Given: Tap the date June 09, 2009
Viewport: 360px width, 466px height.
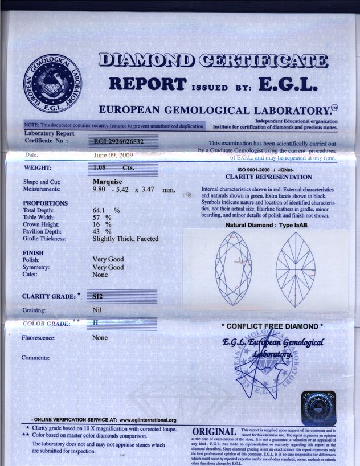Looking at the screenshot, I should pos(114,154).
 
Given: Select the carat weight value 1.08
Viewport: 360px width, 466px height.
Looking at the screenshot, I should pos(100,169).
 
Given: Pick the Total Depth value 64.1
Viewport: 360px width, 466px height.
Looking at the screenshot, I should pos(101,210).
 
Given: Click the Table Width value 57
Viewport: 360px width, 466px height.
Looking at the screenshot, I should pos(97,218).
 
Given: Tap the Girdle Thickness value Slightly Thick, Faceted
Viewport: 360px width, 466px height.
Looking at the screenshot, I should pos(125,239).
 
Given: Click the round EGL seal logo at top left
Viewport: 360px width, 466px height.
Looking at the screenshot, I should pos(52,83).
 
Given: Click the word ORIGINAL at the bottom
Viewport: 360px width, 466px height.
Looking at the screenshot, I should pos(214,432).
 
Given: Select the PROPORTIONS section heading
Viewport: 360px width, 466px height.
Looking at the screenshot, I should pos(45,203).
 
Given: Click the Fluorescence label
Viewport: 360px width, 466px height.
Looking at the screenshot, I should pos(42,338).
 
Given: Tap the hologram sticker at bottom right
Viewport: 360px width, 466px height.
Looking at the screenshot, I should pos(318,407).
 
